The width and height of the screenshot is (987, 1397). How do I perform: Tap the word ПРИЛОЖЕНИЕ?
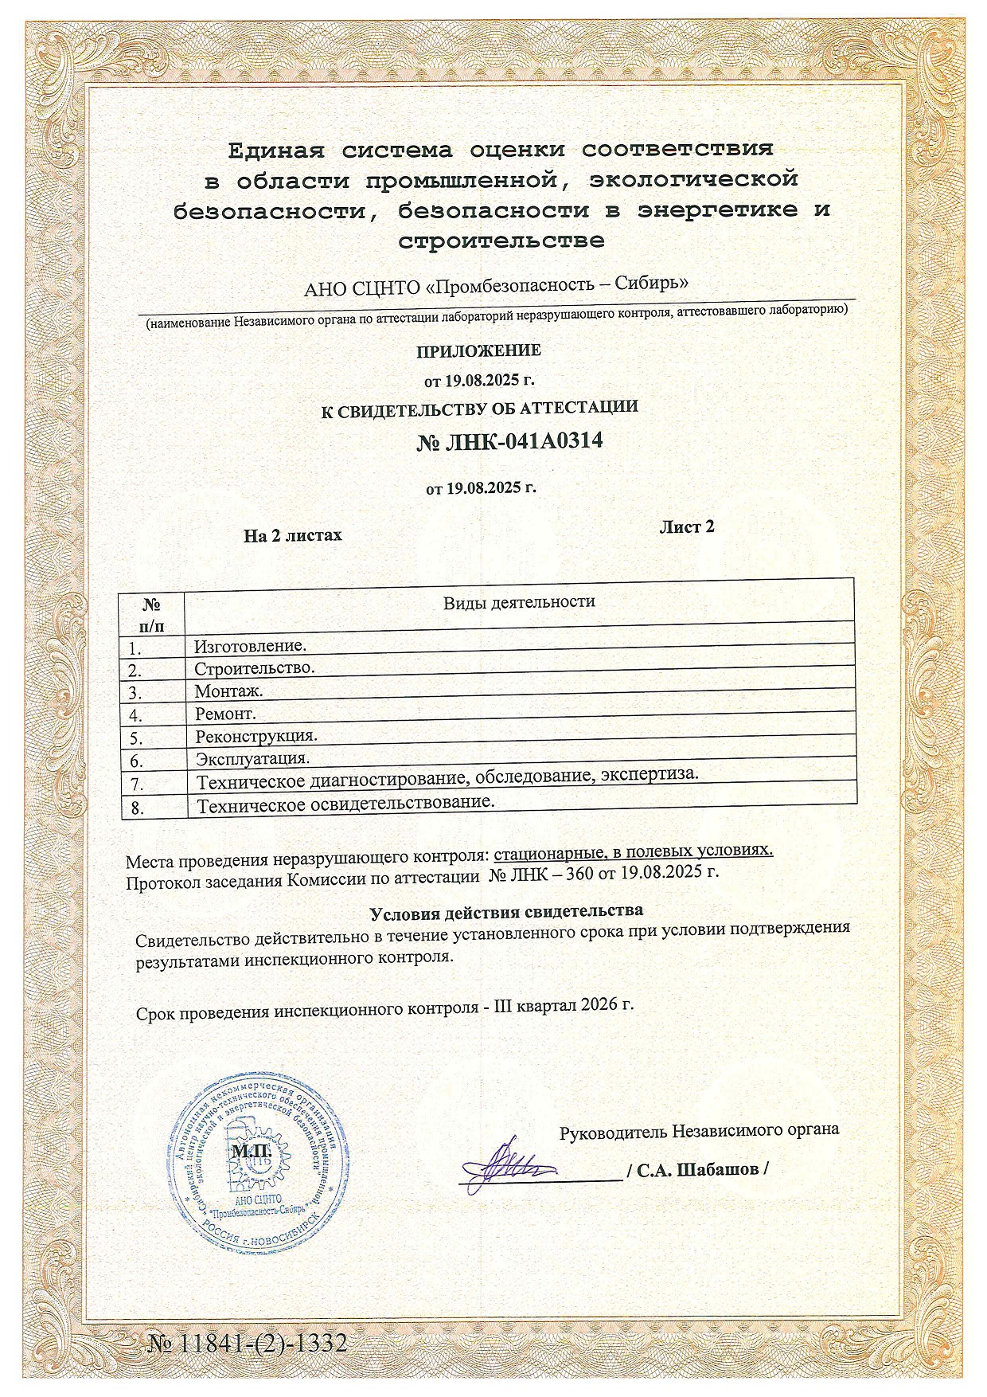479,350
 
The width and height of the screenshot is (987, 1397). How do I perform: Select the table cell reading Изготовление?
251,646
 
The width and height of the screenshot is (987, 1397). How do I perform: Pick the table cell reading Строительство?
255,667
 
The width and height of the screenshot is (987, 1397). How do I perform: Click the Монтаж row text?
229,691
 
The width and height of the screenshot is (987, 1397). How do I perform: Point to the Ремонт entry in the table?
226,713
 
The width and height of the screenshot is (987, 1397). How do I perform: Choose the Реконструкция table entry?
257,735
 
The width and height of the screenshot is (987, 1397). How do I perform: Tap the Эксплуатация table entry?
253,757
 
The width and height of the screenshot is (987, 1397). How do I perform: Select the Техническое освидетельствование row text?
346,803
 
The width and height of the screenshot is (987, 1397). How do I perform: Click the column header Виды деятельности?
519,602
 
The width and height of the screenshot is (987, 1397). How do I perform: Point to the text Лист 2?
686,527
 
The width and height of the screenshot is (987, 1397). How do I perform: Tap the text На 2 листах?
293,535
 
